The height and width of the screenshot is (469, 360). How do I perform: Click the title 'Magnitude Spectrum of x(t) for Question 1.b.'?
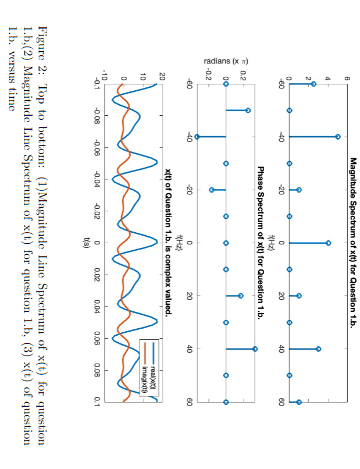point(353,243)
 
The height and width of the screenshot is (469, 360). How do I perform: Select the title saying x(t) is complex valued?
point(167,243)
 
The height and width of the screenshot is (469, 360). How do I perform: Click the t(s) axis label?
point(85,243)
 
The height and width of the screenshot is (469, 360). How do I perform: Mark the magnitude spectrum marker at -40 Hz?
point(338,136)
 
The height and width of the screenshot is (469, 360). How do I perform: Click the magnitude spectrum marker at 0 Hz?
point(329,243)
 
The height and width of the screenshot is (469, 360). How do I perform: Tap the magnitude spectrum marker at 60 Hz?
point(299,402)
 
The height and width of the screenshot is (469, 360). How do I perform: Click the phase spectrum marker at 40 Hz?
point(255,349)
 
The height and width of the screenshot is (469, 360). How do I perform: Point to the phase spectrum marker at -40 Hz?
point(197,136)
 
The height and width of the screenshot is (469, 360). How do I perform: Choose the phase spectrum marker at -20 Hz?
point(212,190)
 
